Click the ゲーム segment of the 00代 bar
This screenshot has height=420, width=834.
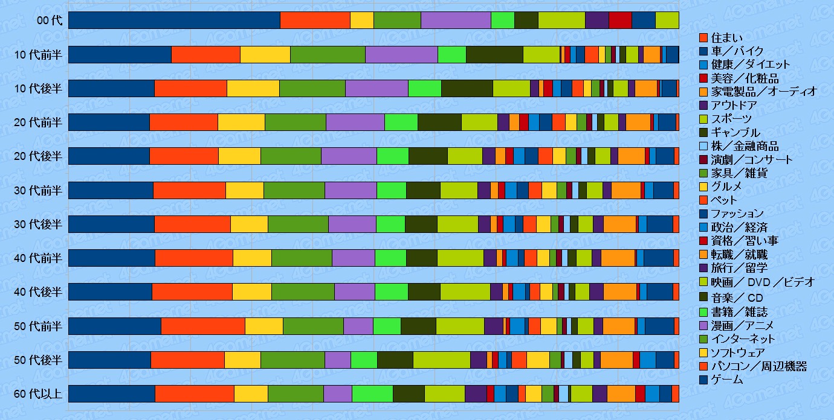(174, 20)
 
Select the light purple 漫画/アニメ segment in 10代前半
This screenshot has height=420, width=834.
(401, 54)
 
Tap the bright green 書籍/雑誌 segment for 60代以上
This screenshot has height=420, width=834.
(372, 393)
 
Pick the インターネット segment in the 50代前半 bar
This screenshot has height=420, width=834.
(313, 326)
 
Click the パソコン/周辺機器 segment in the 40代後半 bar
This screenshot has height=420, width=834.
(192, 291)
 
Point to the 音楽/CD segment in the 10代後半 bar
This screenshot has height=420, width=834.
(467, 88)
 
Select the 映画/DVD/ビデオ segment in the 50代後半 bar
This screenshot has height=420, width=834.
(441, 360)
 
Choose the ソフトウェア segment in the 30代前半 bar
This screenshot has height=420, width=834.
(245, 190)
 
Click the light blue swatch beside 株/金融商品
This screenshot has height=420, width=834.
(703, 146)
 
